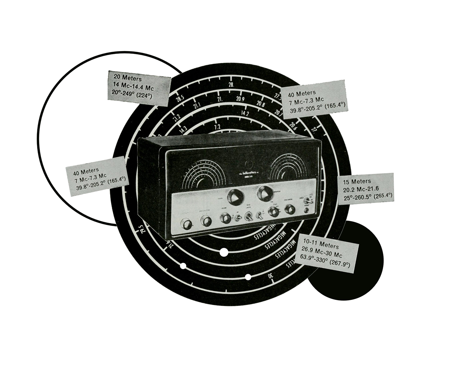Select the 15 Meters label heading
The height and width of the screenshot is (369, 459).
tap(357, 181)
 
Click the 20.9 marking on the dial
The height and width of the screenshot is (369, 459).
tap(240, 99)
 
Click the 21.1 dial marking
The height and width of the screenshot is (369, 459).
tap(197, 106)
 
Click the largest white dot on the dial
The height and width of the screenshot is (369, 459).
tap(224, 252)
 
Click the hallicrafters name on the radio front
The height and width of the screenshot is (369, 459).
tap(248, 173)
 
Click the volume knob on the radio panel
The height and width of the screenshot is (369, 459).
tap(226, 218)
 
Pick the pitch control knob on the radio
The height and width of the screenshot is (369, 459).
tap(289, 210)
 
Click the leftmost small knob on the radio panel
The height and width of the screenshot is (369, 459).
tap(186, 224)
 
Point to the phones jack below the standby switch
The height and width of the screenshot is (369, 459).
tap(307, 210)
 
